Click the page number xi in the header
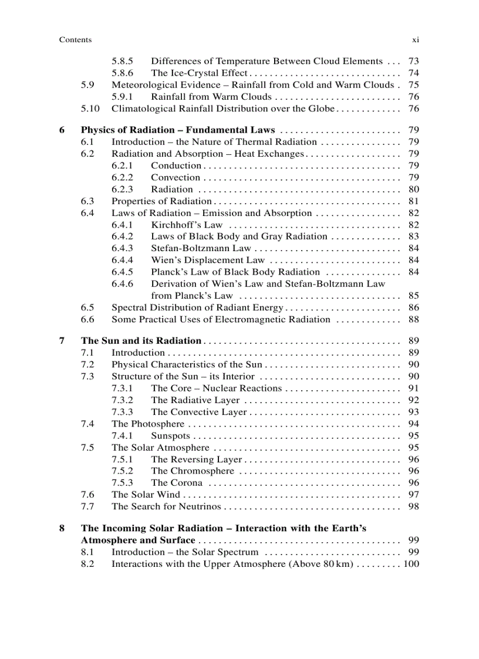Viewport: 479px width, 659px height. [414, 40]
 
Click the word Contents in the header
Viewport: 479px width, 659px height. [75, 40]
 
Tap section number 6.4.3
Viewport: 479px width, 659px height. [122, 248]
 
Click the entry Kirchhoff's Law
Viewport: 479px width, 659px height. [187, 225]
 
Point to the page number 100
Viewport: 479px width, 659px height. [411, 564]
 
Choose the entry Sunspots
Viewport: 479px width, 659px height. [170, 436]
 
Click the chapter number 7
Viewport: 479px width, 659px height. [62, 341]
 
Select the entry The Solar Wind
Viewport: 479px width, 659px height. [146, 495]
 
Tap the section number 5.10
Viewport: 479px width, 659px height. [90, 109]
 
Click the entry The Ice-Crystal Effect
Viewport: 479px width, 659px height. [199, 73]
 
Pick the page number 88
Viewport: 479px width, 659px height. [413, 319]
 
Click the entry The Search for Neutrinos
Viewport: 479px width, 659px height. [166, 506]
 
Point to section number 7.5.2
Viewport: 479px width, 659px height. [122, 471]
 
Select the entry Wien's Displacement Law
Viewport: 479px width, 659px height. [208, 260]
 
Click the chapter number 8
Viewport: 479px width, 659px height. [62, 528]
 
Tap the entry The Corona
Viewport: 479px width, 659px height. [177, 483]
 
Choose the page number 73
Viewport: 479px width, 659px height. [413, 61]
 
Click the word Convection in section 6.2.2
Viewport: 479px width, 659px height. [176, 177]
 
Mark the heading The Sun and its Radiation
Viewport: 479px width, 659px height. [141, 341]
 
